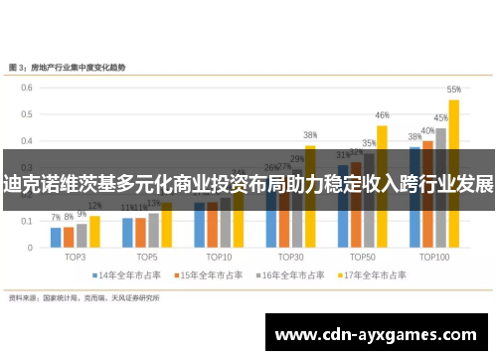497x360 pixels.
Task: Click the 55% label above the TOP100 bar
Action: point(453,89)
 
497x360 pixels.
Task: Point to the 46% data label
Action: point(382,115)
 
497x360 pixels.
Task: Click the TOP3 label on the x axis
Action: point(76,256)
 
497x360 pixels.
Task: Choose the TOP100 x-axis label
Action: point(434,256)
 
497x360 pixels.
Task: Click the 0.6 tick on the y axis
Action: point(24,86)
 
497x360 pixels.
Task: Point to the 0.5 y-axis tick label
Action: point(24,112)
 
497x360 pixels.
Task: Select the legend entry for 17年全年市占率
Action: point(370,274)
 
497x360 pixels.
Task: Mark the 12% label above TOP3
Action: point(95,206)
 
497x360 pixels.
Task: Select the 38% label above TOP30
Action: point(310,135)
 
